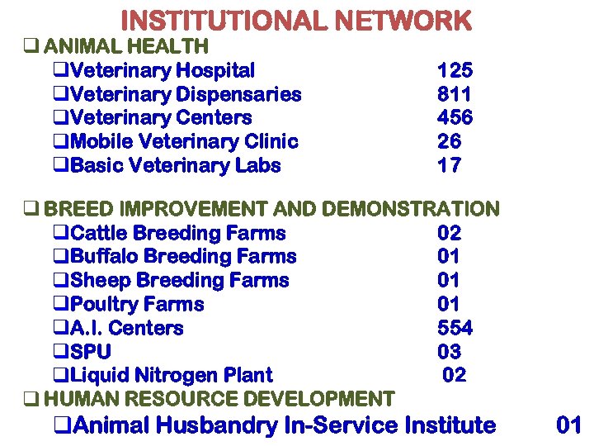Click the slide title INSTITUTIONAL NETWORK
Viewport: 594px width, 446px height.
(x=296, y=21)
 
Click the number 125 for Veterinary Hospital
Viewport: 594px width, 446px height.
(x=455, y=70)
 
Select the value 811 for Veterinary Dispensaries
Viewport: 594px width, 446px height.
(x=455, y=94)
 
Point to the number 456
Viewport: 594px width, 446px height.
(x=455, y=118)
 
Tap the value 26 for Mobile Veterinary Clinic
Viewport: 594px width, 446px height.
(x=450, y=142)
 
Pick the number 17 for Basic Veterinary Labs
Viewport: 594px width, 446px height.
(x=450, y=166)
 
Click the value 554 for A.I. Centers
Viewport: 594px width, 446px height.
(x=455, y=328)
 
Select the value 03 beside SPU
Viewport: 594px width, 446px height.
(x=450, y=352)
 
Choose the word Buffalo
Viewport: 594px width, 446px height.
(x=106, y=257)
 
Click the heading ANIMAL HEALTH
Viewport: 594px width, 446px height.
(x=125, y=46)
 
